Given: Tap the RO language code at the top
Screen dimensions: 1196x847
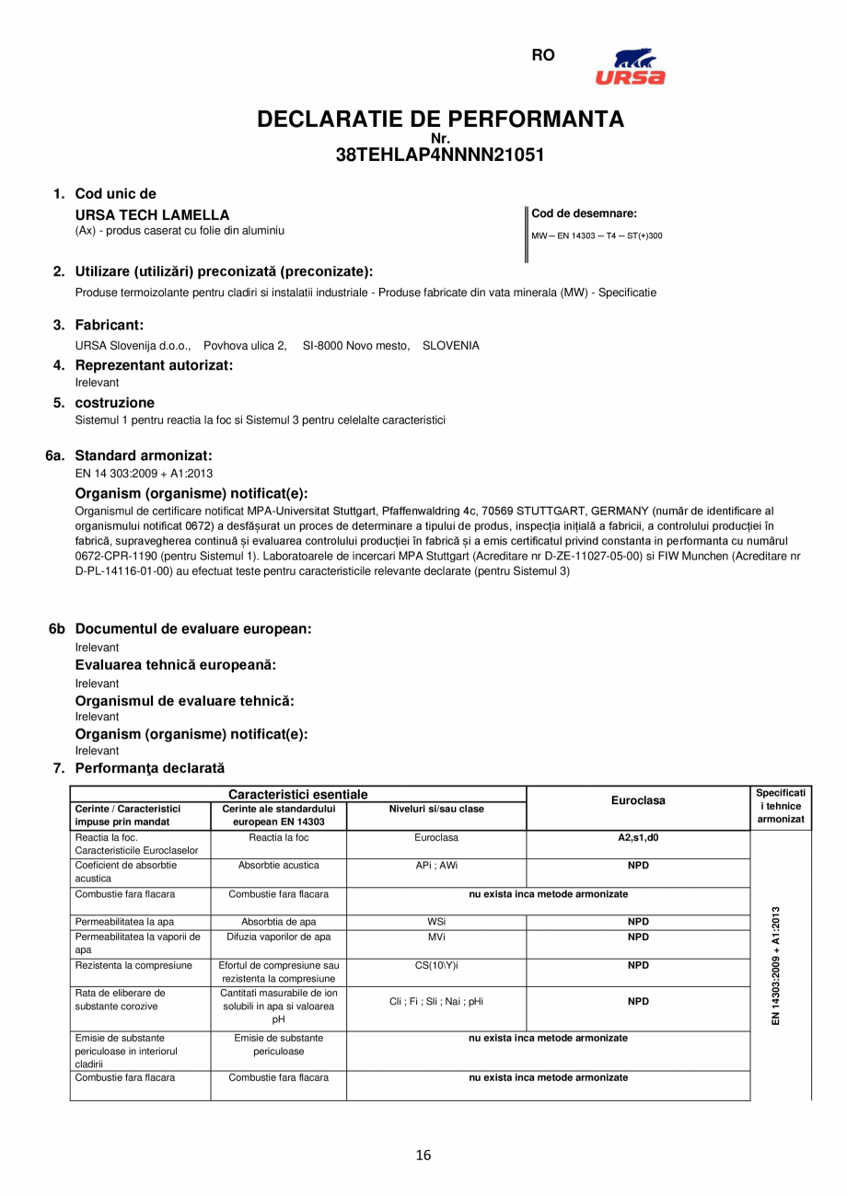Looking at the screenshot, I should tap(543, 55).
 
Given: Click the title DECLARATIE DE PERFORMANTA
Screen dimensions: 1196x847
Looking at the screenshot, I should tap(440, 119).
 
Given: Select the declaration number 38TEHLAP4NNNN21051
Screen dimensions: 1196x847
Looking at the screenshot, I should tap(440, 155).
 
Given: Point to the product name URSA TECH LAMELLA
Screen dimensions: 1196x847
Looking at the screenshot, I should tap(152, 215).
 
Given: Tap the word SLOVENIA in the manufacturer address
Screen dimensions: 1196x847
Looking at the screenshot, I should tap(450, 346).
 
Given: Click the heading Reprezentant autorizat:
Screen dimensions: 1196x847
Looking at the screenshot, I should tap(154, 365).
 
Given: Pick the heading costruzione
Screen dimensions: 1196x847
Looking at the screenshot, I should tap(114, 402).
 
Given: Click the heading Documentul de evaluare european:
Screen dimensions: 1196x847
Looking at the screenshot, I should tap(192, 628).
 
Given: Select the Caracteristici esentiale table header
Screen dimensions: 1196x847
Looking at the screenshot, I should tap(297, 794).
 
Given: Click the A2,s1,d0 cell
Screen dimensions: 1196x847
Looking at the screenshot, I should tap(638, 838).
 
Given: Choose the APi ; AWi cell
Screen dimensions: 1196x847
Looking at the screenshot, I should tap(436, 866).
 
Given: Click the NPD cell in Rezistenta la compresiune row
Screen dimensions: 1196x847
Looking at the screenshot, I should tap(638, 966).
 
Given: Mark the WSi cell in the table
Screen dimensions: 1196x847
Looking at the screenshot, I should tap(436, 922).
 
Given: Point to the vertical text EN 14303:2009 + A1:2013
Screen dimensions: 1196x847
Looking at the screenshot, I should tap(776, 966).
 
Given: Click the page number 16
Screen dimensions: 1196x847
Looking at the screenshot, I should tap(423, 1156).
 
